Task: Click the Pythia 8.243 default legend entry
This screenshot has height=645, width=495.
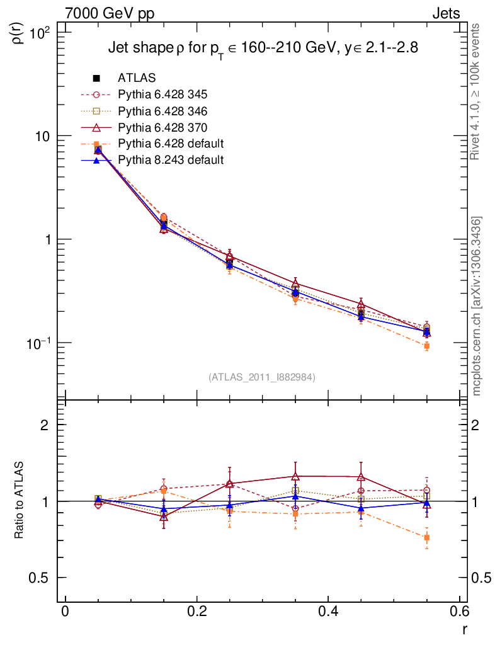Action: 171,160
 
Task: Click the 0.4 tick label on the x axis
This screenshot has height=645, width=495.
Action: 328,613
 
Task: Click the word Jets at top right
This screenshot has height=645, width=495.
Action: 446,13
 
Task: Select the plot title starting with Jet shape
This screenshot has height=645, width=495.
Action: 263,48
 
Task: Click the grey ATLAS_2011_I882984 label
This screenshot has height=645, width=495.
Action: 262,377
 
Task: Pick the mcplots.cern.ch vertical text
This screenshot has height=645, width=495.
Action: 477,306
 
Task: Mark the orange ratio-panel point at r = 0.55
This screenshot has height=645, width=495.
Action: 426,538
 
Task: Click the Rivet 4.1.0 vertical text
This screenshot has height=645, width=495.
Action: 477,91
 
